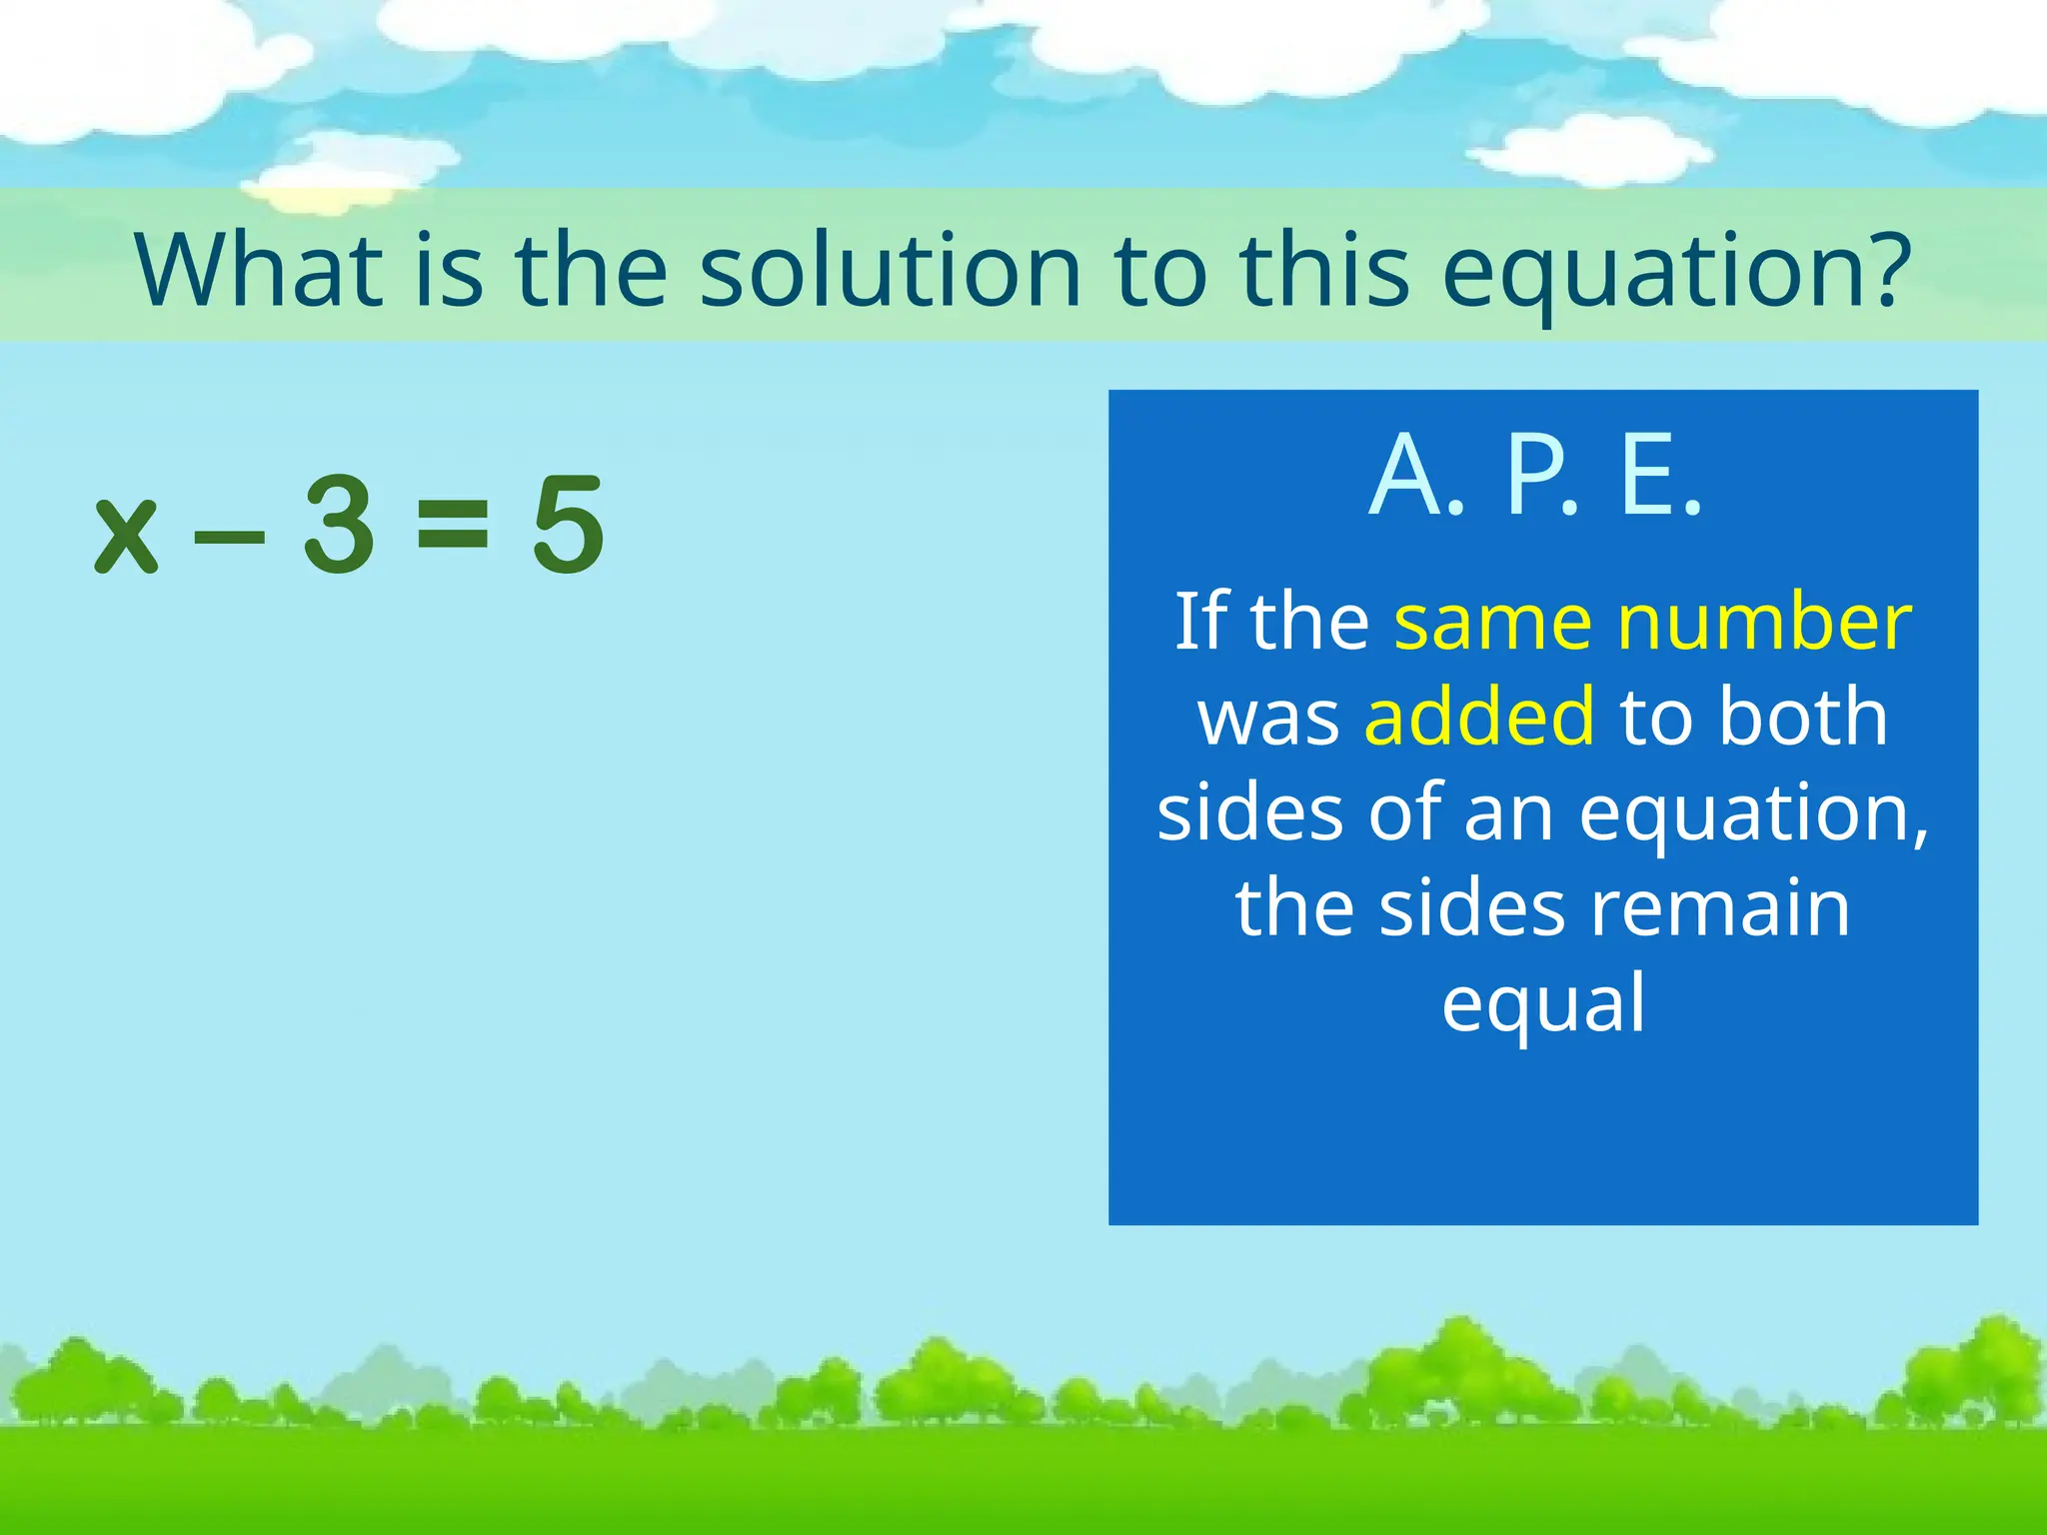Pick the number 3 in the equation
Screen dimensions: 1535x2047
[339, 526]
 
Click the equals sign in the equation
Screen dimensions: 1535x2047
[453, 527]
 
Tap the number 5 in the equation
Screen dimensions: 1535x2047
[568, 526]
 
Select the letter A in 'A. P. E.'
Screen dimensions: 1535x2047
[1404, 477]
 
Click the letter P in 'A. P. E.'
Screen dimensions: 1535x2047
[1533, 477]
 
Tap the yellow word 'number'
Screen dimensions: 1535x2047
[1765, 622]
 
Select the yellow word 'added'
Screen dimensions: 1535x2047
[1479, 716]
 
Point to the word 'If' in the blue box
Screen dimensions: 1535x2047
[1199, 622]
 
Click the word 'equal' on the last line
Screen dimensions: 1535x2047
[1543, 1005]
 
